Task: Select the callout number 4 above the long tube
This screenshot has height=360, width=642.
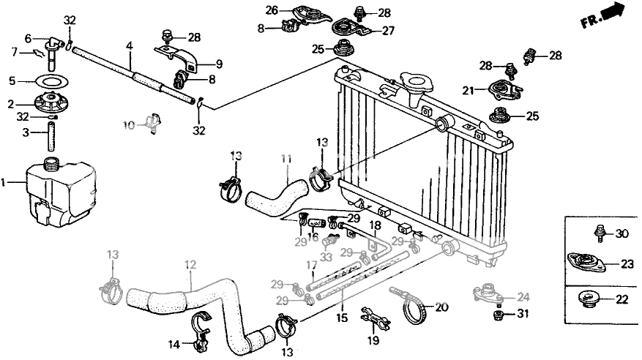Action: [x=130, y=46]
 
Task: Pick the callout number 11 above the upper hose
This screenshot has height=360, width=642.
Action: [x=286, y=159]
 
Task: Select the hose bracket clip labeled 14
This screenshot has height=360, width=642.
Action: [x=199, y=331]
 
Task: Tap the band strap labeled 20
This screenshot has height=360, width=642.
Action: [x=414, y=307]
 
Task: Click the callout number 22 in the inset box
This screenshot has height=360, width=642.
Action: [x=622, y=299]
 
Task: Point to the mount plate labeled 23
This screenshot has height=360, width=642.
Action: [x=586, y=262]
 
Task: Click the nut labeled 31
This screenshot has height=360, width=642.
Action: [x=499, y=315]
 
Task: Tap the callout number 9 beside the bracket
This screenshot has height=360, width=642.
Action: [x=219, y=64]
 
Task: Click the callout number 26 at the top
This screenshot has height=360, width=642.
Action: [x=272, y=10]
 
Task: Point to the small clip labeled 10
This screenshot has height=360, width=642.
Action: [x=153, y=122]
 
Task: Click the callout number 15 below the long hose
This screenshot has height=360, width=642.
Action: [x=342, y=318]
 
